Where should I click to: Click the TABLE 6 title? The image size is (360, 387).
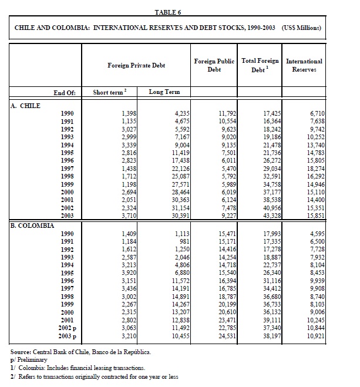168,12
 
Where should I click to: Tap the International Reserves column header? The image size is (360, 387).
304,65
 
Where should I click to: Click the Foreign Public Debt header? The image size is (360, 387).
214,65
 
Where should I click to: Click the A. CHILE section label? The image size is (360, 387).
26,105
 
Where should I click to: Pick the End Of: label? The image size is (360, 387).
65,92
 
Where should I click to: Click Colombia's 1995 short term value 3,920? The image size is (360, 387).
128,273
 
